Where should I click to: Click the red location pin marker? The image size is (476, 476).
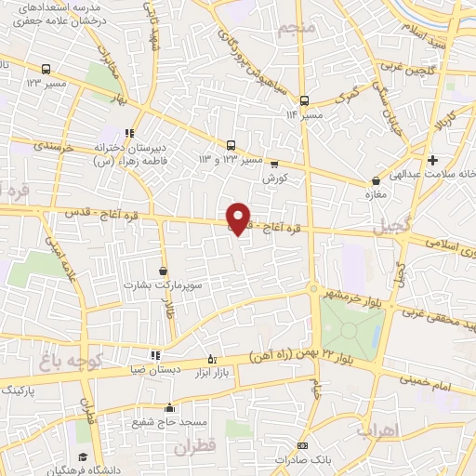tap(239, 218)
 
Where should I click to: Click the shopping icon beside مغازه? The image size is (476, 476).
tap(376, 180)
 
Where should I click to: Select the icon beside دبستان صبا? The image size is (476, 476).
tap(155, 355)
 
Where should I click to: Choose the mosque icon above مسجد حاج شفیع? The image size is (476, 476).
tap(169, 407)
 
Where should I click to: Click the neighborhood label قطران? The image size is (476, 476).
tap(193, 446)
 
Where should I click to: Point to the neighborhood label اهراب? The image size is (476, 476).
tap(403, 430)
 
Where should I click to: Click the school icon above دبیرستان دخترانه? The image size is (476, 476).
tap(128, 132)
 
